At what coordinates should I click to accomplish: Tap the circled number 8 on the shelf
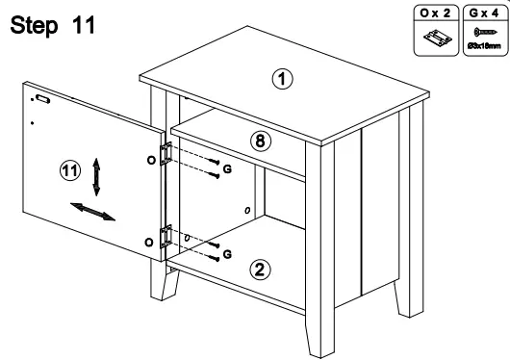(x=259, y=141)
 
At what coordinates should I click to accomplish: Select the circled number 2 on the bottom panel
(x=259, y=269)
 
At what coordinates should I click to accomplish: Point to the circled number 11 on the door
(x=69, y=171)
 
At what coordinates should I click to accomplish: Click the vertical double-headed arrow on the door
(x=95, y=177)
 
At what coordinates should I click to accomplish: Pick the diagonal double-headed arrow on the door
(x=93, y=211)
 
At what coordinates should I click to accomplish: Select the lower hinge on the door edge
(x=166, y=237)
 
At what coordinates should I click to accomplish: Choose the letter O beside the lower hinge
(x=148, y=240)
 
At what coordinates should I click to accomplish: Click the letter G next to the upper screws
(x=228, y=169)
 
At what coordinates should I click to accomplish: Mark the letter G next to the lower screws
(x=227, y=254)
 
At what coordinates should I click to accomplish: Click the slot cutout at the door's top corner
(x=41, y=98)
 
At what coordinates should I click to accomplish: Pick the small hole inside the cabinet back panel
(x=247, y=210)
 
